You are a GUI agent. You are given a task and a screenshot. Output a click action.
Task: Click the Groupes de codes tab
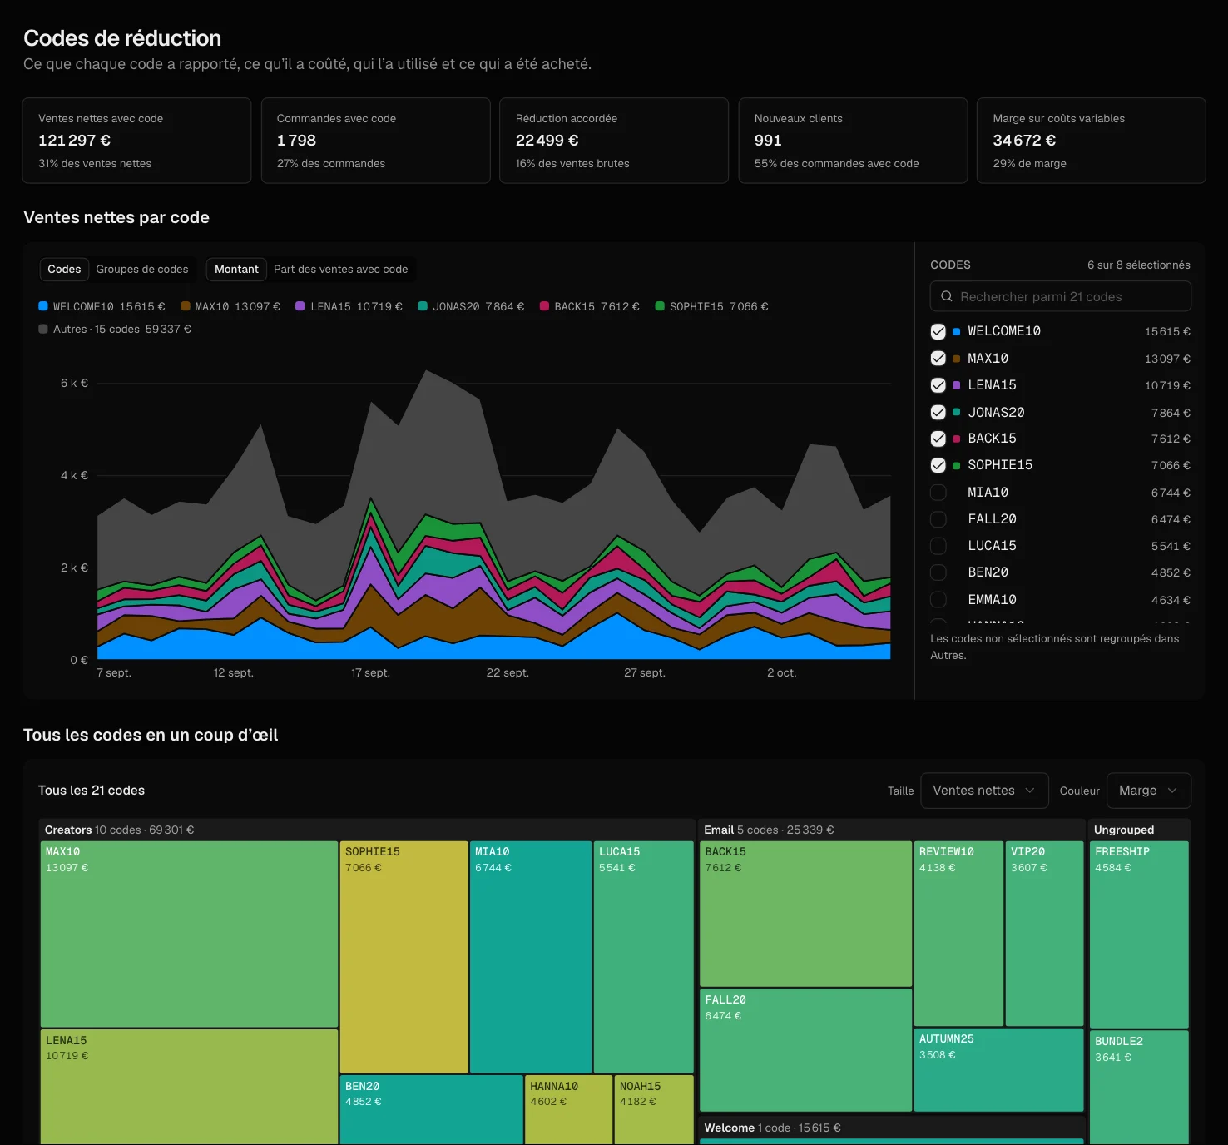pyautogui.click(x=141, y=269)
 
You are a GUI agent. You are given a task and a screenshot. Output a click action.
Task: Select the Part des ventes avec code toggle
pyautogui.click(x=341, y=269)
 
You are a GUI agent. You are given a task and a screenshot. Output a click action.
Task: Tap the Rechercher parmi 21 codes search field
pyautogui.click(x=1060, y=296)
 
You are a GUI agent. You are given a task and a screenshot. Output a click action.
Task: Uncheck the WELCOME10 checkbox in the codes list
pyautogui.click(x=938, y=331)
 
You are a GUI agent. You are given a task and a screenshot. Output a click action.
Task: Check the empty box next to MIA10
pyautogui.click(x=938, y=493)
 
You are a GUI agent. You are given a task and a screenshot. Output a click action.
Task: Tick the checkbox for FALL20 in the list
pyautogui.click(x=938, y=519)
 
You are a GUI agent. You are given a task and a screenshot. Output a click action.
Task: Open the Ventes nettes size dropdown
pyautogui.click(x=984, y=790)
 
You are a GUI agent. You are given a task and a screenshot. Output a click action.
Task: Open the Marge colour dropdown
pyautogui.click(x=1148, y=790)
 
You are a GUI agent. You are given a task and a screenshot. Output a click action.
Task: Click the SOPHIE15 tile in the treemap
pyautogui.click(x=404, y=956)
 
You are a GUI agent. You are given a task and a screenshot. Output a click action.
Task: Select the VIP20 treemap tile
pyautogui.click(x=1044, y=933)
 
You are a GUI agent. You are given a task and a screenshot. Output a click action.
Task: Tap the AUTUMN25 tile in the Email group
pyautogui.click(x=998, y=1069)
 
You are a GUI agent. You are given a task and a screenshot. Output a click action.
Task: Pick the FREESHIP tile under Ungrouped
pyautogui.click(x=1139, y=934)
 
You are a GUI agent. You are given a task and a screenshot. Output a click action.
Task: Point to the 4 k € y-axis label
pyautogui.click(x=74, y=475)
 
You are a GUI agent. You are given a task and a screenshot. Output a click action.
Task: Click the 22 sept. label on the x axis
pyautogui.click(x=508, y=672)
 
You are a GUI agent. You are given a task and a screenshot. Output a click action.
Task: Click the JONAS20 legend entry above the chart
pyautogui.click(x=471, y=306)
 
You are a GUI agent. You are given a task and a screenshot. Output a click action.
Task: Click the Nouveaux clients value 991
pyautogui.click(x=768, y=141)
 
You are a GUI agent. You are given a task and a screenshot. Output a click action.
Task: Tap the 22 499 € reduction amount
pyautogui.click(x=547, y=141)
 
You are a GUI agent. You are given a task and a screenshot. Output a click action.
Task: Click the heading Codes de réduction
pyautogui.click(x=122, y=38)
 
